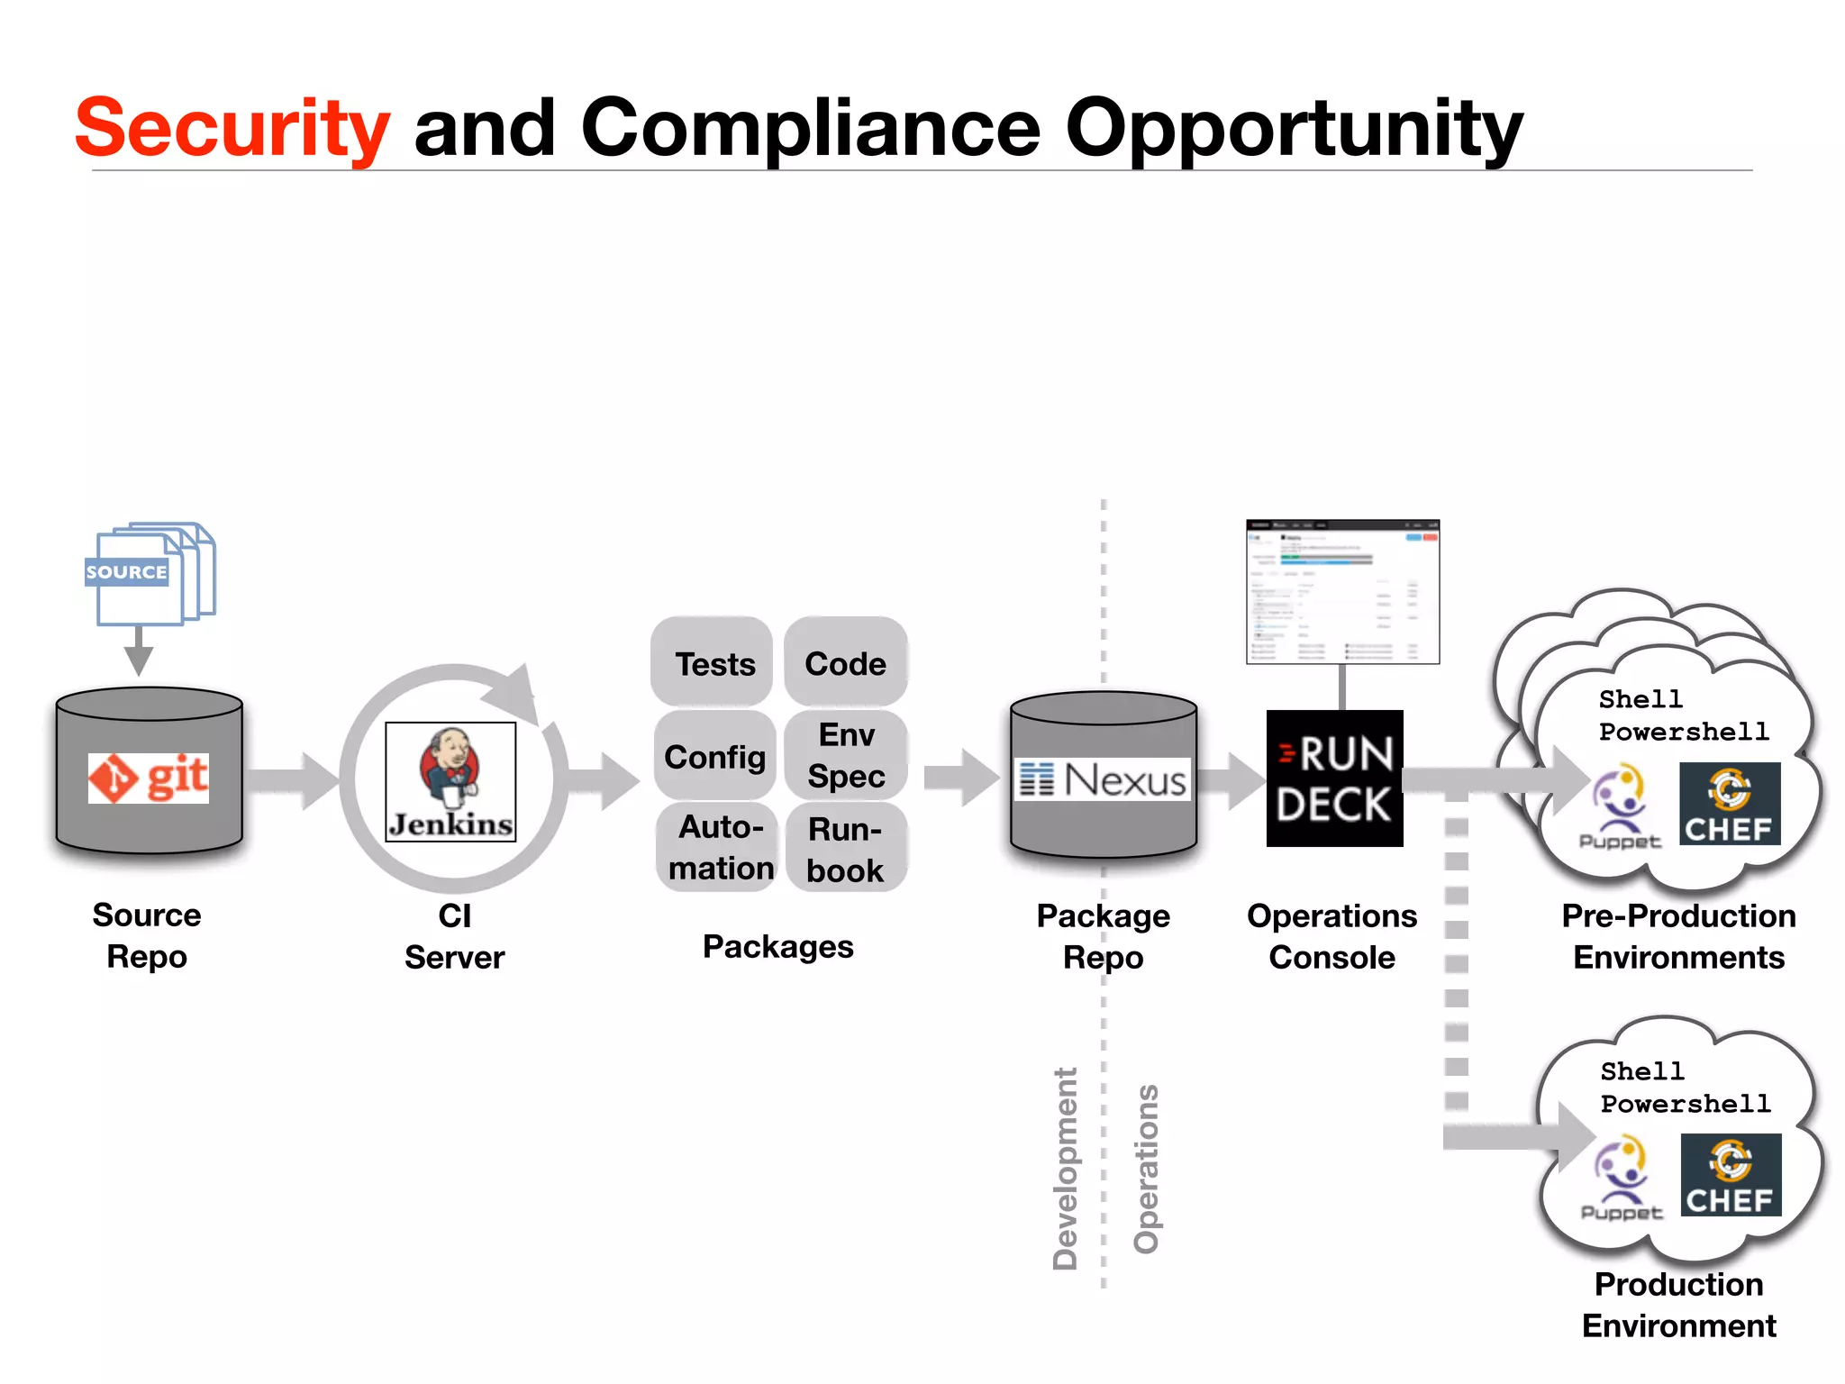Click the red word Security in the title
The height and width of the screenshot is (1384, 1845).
tap(232, 128)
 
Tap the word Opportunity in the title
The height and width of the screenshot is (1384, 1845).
tap(1294, 128)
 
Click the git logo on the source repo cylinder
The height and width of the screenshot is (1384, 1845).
tap(149, 778)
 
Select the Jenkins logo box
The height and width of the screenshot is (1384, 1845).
tap(450, 781)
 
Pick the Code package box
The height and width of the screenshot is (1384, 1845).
tap(845, 663)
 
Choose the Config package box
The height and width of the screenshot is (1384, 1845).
tap(714, 757)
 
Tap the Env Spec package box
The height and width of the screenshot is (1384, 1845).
tap(846, 755)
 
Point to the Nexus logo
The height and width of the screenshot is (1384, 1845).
tap(1104, 779)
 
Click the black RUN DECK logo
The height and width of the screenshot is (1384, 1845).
tap(1334, 778)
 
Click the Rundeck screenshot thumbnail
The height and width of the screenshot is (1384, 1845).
tap(1342, 592)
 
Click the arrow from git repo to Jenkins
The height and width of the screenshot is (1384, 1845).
tap(290, 780)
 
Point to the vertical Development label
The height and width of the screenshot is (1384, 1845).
tap(1065, 1169)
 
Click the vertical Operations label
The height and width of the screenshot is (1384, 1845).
tap(1146, 1169)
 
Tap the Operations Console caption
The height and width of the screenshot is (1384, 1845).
tap(1331, 936)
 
